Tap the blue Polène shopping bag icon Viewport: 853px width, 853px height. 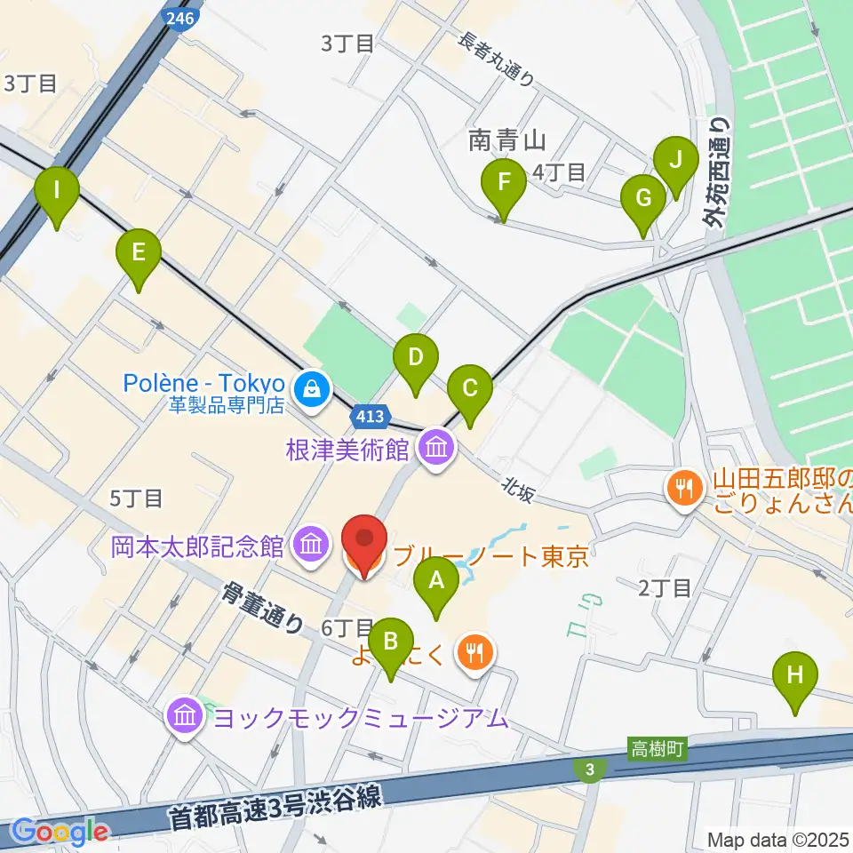pos(312,387)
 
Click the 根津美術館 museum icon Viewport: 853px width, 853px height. pos(435,447)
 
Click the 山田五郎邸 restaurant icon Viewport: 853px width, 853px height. pos(683,486)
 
